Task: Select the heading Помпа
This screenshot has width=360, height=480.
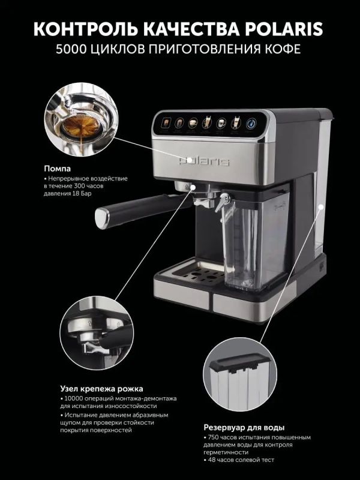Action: coord(57,169)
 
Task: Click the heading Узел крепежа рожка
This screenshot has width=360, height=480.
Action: coord(101,388)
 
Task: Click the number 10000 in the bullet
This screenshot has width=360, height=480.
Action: coord(74,399)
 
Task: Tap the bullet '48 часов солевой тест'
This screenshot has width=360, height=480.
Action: coord(241,461)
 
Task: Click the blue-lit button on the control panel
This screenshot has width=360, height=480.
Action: coord(250,122)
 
